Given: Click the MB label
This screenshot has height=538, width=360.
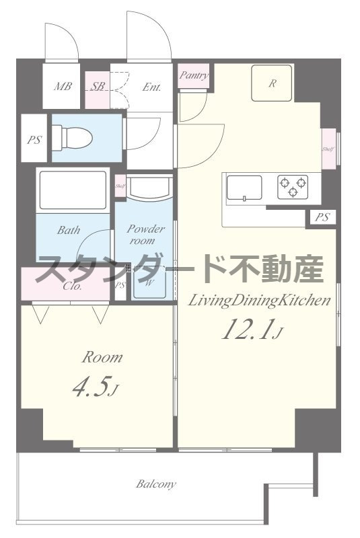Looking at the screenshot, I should [x=63, y=86].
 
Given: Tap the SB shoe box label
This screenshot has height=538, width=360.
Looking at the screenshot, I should [x=98, y=86].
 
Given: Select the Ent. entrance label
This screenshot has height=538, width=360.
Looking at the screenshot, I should [x=151, y=86].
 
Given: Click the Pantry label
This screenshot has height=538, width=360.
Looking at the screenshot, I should [x=194, y=75].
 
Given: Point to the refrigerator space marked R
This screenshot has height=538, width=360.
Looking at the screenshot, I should [x=272, y=83].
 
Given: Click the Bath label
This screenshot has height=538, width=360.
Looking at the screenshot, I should [x=68, y=230].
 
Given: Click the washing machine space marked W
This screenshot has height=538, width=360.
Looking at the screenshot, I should [x=149, y=283].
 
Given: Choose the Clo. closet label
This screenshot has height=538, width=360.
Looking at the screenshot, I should [x=73, y=286].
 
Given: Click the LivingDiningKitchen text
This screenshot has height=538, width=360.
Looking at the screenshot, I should [x=259, y=300].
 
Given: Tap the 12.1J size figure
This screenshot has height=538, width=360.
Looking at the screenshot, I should [x=250, y=330].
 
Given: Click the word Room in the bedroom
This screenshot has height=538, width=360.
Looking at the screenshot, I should [x=102, y=357].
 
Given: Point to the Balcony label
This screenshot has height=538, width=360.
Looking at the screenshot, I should [x=156, y=484].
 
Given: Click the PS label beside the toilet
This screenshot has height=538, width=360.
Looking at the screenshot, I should [x=33, y=141].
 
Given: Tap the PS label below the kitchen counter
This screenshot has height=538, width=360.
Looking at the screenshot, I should [x=323, y=217].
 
